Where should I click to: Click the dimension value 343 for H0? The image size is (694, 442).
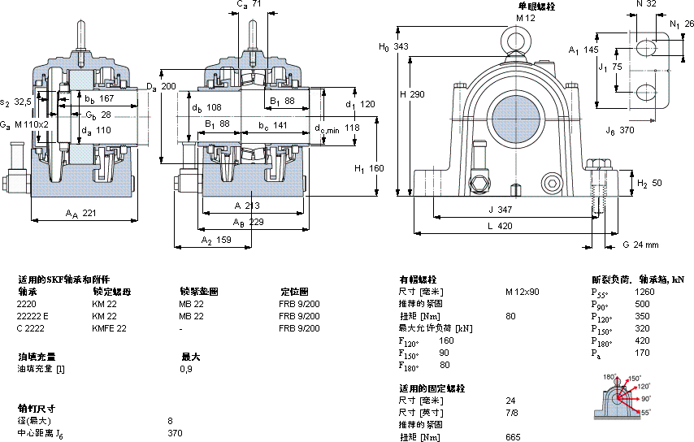401,46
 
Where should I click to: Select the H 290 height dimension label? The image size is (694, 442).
413,94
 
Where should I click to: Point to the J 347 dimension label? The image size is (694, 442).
499,210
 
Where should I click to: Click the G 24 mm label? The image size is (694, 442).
640,244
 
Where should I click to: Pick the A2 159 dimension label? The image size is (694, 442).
215,241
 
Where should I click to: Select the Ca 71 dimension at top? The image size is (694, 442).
249,5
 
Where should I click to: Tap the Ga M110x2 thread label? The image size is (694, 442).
24,123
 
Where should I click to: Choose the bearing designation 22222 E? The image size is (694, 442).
33,316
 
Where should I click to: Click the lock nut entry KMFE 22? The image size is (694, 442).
109,328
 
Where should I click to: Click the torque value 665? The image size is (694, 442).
512,437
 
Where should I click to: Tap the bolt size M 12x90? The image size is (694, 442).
522,292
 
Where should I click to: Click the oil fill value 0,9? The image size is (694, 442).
185,369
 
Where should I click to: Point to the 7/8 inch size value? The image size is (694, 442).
510,413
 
